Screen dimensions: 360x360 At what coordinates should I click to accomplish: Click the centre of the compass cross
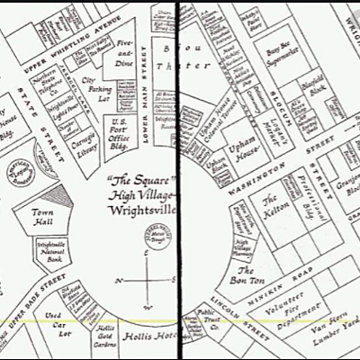click(x=146, y=282)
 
